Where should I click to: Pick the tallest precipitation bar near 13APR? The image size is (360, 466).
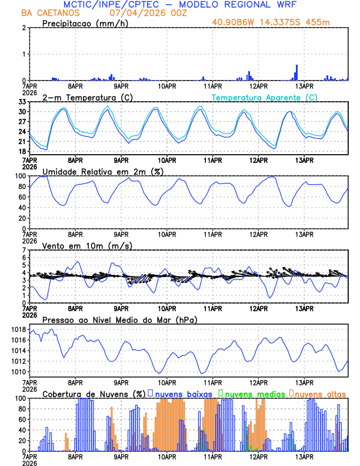click(x=296, y=72)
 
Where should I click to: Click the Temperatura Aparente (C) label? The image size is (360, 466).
click(x=265, y=97)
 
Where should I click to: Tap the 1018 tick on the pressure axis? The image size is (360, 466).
click(x=16, y=329)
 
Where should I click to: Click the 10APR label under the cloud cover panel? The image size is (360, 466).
click(x=167, y=456)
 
